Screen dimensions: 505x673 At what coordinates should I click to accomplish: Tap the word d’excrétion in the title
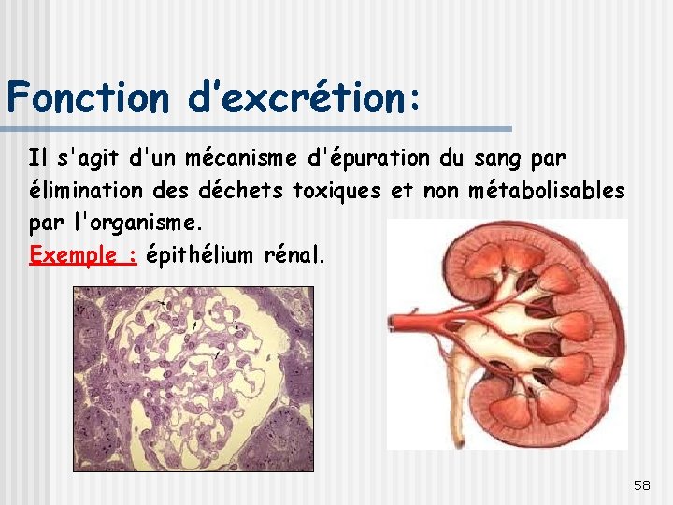296,96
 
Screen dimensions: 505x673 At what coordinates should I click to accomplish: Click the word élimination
83,192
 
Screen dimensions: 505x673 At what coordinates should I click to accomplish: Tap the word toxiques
336,192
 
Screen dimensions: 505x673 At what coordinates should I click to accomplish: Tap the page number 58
642,484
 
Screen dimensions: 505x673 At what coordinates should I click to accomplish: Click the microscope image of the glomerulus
193,379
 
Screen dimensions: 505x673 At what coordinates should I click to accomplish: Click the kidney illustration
523,337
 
